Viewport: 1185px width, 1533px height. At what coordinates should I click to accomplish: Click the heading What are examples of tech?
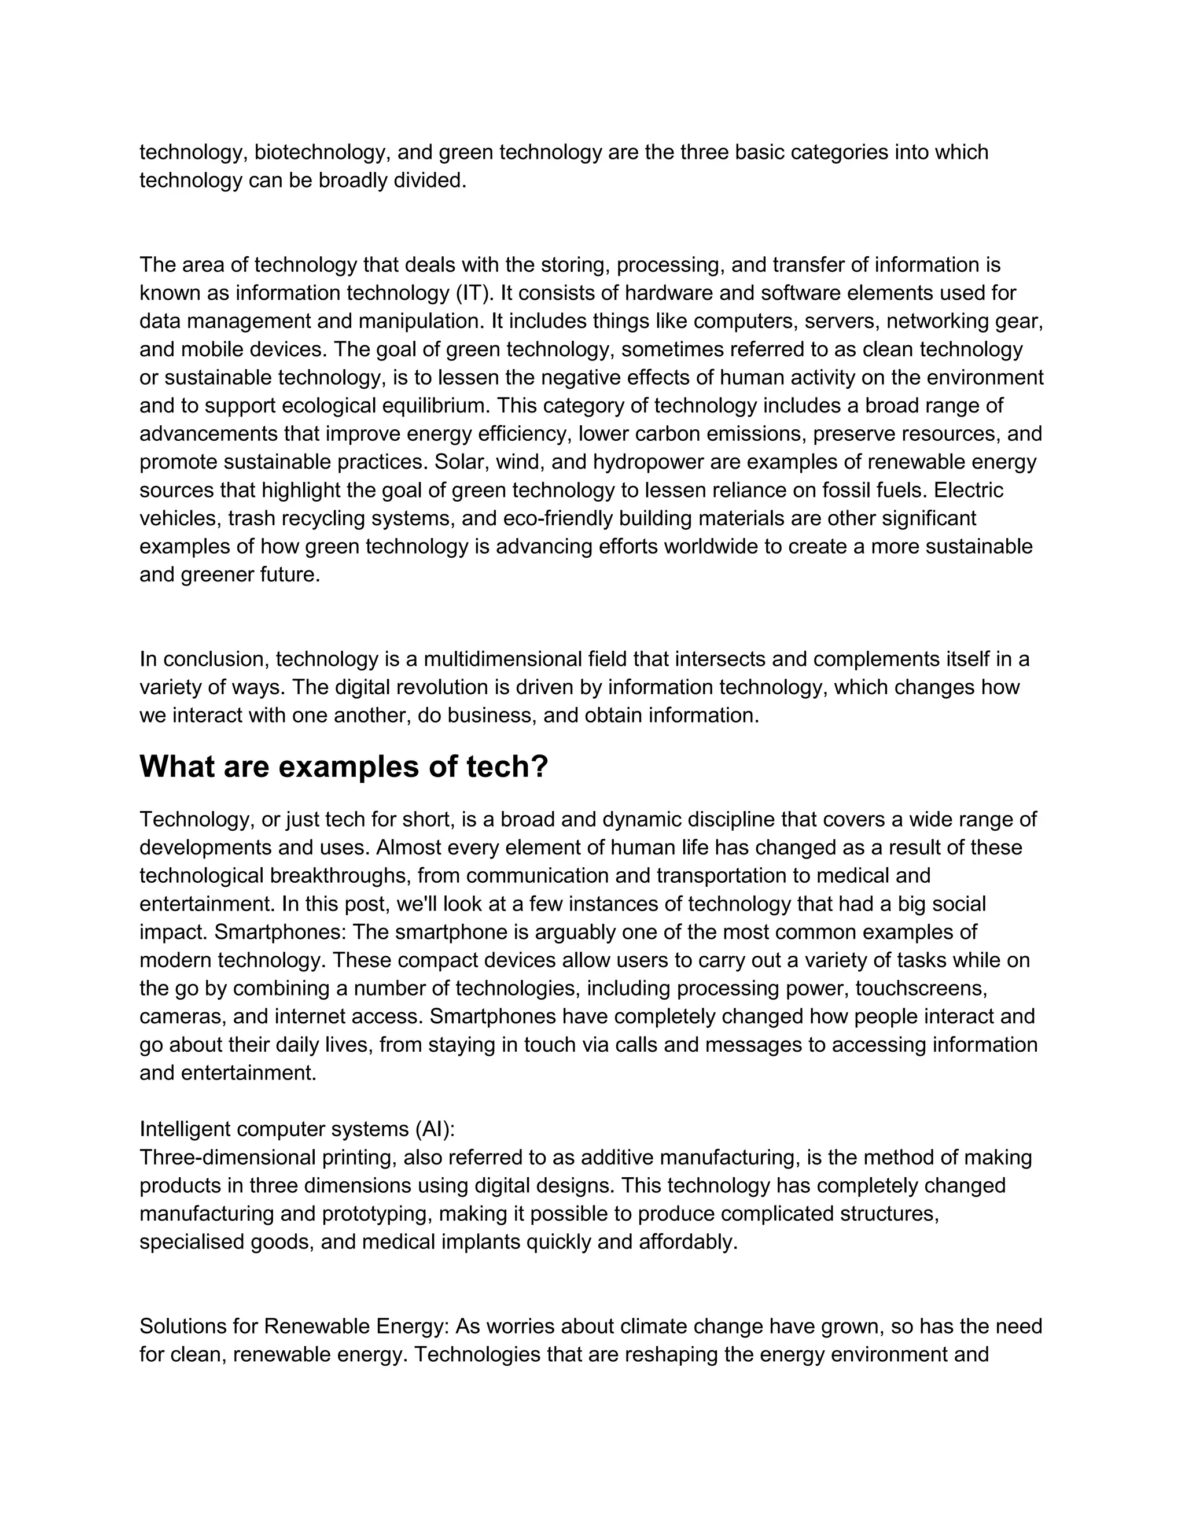343,766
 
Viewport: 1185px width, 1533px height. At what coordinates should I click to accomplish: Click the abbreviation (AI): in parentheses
435,1129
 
